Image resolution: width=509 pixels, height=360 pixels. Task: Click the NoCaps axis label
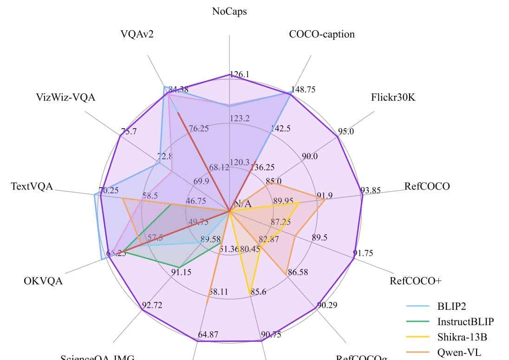pyautogui.click(x=229, y=12)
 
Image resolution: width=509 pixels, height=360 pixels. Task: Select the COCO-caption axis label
pyautogui.click(x=321, y=34)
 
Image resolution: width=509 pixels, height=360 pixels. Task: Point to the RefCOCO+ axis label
pyautogui.click(x=415, y=281)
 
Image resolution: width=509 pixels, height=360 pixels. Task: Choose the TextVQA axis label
pyautogui.click(x=32, y=187)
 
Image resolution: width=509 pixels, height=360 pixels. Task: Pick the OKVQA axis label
pyautogui.click(x=43, y=281)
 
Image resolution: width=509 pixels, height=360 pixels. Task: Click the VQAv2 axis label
pyautogui.click(x=137, y=35)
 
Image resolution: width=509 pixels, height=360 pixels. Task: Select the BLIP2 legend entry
pyautogui.click(x=451, y=306)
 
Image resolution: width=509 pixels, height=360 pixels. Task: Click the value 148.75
pyautogui.click(x=303, y=89)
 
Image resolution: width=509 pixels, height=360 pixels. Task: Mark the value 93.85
pyautogui.click(x=370, y=190)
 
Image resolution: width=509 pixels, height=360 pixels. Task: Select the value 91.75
pyautogui.click(x=363, y=253)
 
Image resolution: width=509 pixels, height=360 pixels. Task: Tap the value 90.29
pyautogui.click(x=327, y=305)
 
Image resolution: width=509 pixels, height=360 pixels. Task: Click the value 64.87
pyautogui.click(x=208, y=334)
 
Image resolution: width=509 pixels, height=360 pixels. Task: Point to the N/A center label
pyautogui.click(x=242, y=203)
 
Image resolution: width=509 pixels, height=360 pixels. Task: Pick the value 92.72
pyautogui.click(x=152, y=305)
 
